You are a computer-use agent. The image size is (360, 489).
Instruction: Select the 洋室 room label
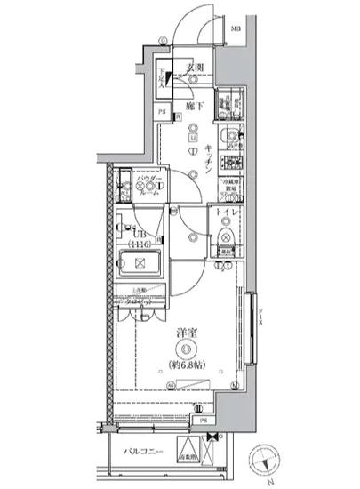(x=184, y=334)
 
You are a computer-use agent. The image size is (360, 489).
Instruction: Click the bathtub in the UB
(x=139, y=263)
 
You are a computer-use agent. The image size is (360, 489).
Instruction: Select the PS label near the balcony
(x=203, y=420)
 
